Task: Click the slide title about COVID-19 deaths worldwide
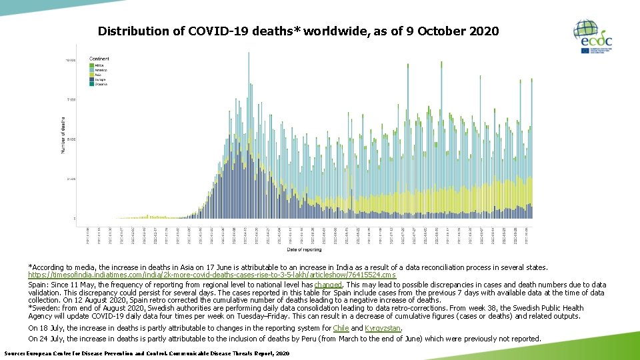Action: click(297, 31)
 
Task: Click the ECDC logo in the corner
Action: click(593, 37)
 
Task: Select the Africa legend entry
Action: click(99, 65)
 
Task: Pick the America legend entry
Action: click(100, 69)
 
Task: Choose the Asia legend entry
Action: click(97, 75)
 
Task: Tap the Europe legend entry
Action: click(99, 79)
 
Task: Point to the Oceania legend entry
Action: click(100, 84)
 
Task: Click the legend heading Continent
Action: click(99, 59)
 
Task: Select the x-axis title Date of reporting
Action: click(304, 250)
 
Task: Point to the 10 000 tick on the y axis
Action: click(70, 60)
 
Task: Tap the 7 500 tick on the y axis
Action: click(71, 99)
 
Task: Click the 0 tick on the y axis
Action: click(74, 219)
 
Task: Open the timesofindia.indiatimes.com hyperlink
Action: click(212, 275)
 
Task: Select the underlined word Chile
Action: click(341, 328)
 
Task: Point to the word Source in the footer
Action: click(15, 353)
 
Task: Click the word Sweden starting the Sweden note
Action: click(45, 308)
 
